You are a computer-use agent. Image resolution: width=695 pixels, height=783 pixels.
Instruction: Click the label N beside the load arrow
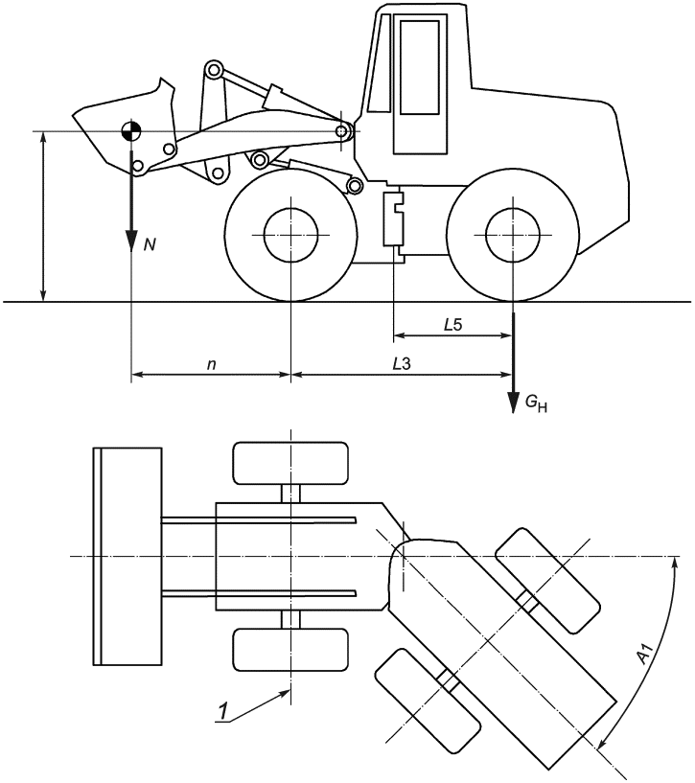point(150,244)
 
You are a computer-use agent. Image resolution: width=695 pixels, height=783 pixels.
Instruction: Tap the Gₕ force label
point(536,403)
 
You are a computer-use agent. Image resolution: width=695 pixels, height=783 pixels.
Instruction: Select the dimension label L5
point(453,325)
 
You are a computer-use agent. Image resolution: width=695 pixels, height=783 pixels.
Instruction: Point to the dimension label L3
point(402,364)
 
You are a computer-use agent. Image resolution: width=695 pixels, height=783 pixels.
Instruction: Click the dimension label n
point(212,364)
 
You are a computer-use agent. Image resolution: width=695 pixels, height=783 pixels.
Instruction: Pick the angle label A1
point(646,655)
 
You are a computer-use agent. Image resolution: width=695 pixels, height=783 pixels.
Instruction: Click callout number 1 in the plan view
point(223,710)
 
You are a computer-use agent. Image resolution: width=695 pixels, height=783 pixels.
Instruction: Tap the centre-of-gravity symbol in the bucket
point(131,131)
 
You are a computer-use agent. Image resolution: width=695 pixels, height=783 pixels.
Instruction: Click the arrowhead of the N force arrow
point(131,241)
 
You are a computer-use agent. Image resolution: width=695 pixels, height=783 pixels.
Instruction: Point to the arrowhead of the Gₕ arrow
point(513,403)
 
